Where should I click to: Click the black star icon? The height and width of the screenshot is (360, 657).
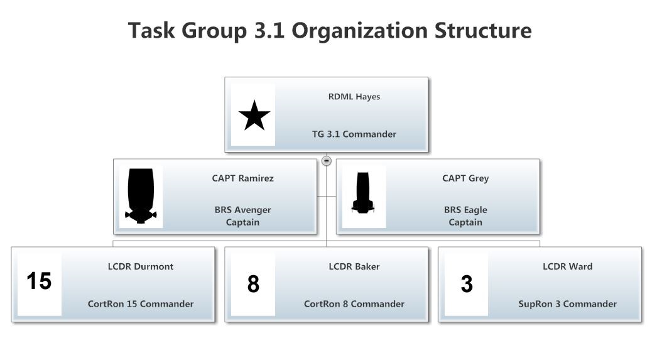pyautogui.click(x=254, y=116)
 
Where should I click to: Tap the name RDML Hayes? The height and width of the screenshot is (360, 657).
pyautogui.click(x=354, y=97)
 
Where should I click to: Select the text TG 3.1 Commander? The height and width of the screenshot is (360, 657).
pyautogui.click(x=354, y=134)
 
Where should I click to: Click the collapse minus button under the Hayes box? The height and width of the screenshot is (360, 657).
pyautogui.click(x=327, y=161)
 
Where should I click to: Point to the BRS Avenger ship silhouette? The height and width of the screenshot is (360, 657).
pyautogui.click(x=141, y=195)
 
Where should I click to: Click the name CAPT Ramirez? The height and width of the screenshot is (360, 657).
pyautogui.click(x=242, y=178)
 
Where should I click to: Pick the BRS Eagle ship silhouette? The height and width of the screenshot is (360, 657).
pyautogui.click(x=362, y=193)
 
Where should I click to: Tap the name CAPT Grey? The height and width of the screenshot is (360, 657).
pyautogui.click(x=465, y=178)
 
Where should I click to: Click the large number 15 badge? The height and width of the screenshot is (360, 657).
pyautogui.click(x=39, y=281)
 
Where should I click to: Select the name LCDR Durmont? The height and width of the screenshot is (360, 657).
pyautogui.click(x=141, y=266)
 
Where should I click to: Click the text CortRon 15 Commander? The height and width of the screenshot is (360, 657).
pyautogui.click(x=141, y=304)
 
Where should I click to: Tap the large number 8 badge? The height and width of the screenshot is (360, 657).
pyautogui.click(x=253, y=285)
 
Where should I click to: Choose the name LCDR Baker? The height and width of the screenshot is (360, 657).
pyautogui.click(x=354, y=266)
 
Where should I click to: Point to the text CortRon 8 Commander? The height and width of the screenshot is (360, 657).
pyautogui.click(x=354, y=304)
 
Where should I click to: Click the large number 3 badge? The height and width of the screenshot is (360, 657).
pyautogui.click(x=467, y=285)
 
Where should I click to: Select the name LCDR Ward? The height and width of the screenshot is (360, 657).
pyautogui.click(x=568, y=266)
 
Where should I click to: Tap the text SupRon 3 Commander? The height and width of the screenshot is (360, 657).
pyautogui.click(x=568, y=304)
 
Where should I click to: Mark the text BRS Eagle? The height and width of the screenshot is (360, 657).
pyautogui.click(x=465, y=210)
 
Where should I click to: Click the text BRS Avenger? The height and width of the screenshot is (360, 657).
pyautogui.click(x=242, y=210)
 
